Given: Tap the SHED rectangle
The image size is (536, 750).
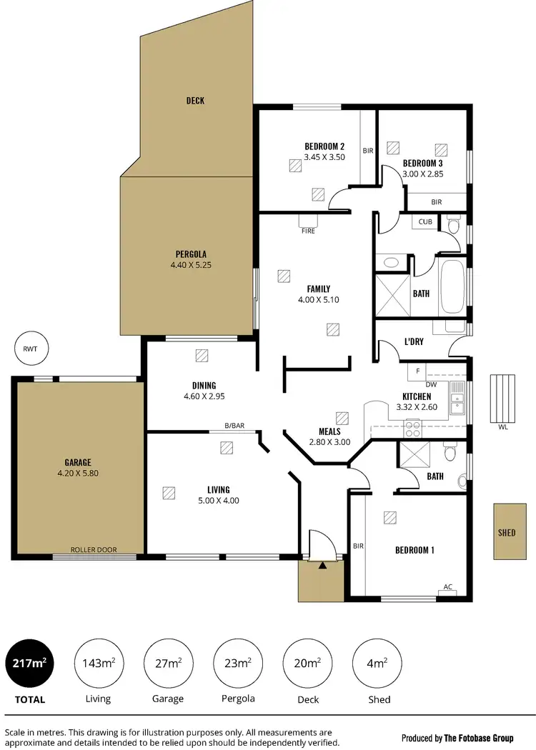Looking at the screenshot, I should tap(507, 532).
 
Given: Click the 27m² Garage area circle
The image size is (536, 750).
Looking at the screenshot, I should tap(168, 663).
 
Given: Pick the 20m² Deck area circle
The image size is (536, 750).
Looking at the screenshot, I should tap(307, 663).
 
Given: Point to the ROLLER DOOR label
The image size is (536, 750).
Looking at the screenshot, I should tap(93, 550).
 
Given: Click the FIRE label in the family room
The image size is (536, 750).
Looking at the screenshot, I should tap(308, 231).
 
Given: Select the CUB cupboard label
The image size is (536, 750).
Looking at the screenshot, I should tap(425, 222).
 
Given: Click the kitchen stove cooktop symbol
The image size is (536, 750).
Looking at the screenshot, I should tap(413, 428).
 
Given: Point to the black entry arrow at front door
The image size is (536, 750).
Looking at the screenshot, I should tap(322, 566).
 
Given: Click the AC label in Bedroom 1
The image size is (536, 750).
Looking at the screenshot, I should tap(448, 587).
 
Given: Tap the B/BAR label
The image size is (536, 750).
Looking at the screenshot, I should tap(234, 426).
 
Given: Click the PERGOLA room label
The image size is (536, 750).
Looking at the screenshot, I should tap(191, 254).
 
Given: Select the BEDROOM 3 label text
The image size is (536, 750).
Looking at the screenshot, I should tap(422, 162).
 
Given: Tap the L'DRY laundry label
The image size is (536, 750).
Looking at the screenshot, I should tap(414, 342).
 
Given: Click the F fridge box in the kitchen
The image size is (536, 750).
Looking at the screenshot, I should tap(417, 371).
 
